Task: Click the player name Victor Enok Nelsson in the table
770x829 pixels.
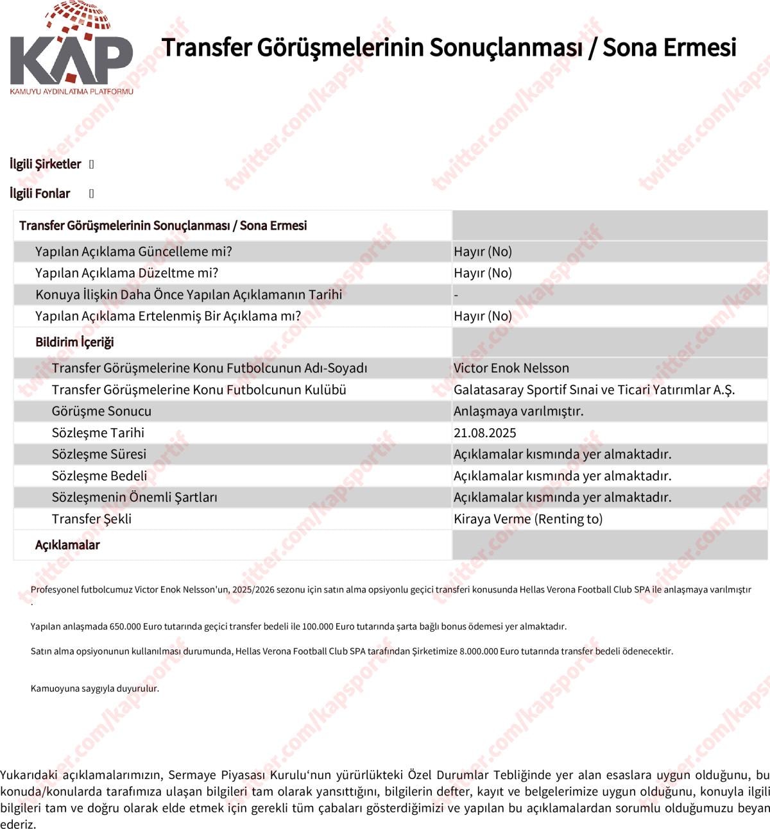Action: [x=511, y=368]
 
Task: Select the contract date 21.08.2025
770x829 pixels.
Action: [x=484, y=433]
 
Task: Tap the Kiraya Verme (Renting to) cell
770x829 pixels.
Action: [x=527, y=519]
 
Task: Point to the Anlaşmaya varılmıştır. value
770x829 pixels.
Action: [x=518, y=411]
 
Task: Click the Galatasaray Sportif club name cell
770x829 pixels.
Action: [x=594, y=390]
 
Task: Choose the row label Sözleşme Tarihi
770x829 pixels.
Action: [x=98, y=433]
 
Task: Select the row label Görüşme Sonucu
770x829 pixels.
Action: [x=101, y=411]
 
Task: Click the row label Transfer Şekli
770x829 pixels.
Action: [x=91, y=519]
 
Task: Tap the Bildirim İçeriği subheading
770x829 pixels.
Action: [x=74, y=342]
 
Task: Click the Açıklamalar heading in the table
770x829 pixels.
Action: [x=67, y=545]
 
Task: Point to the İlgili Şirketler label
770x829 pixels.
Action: [x=45, y=164]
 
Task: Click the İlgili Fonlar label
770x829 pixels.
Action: [x=40, y=194]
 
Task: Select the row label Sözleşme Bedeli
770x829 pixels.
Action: [x=99, y=476]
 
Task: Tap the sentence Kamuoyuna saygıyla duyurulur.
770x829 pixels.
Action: [x=94, y=689]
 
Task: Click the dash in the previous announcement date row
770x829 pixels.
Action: [x=456, y=295]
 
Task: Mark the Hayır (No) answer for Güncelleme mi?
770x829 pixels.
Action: [x=483, y=251]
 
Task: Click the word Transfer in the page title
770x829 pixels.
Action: [x=206, y=47]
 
